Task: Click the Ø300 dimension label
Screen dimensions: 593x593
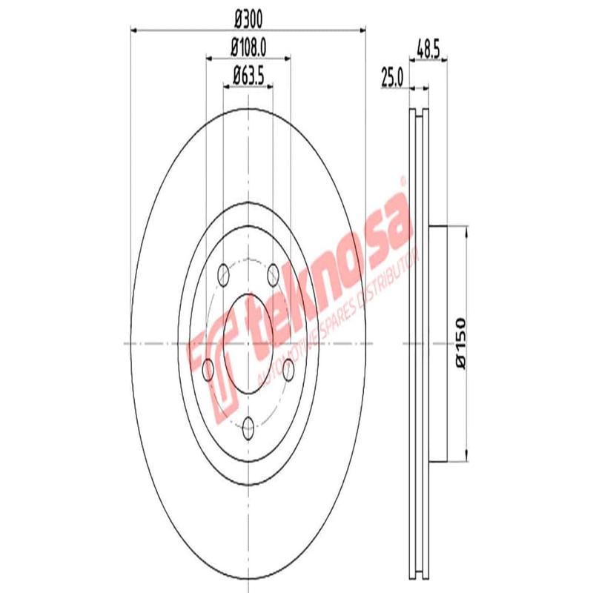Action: pos(248,16)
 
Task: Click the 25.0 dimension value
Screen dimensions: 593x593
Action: pos(391,76)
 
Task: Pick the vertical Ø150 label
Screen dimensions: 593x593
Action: pos(460,342)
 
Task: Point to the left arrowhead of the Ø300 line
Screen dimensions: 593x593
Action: pos(134,30)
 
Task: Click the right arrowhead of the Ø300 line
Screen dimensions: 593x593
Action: pos(362,30)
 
